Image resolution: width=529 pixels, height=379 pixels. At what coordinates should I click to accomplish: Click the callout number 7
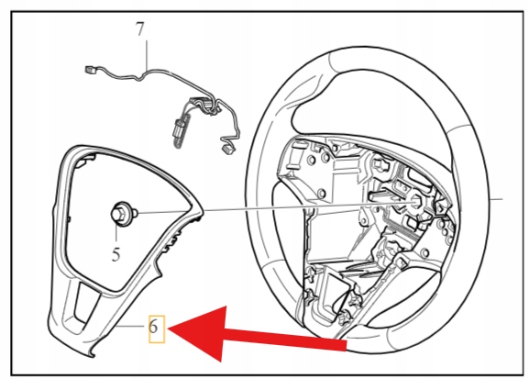pos(140,29)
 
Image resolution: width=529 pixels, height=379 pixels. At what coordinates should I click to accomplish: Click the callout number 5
pos(116,254)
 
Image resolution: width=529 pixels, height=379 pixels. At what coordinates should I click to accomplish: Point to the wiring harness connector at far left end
pos(89,70)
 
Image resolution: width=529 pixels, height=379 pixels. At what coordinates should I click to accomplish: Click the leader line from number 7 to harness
pos(147,55)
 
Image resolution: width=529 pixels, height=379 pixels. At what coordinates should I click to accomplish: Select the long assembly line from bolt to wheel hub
pos(277,207)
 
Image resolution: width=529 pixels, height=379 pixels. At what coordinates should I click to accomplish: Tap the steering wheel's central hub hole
pos(416,202)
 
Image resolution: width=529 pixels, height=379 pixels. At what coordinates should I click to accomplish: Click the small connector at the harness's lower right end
pos(228,148)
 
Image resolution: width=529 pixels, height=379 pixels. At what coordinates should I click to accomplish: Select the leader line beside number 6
pos(131,327)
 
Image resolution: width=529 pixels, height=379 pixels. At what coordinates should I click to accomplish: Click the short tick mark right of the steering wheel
pos(496,198)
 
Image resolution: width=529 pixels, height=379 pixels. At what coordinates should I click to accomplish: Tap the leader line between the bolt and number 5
pos(116,232)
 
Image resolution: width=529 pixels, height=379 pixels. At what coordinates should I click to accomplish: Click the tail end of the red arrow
pos(347,345)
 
